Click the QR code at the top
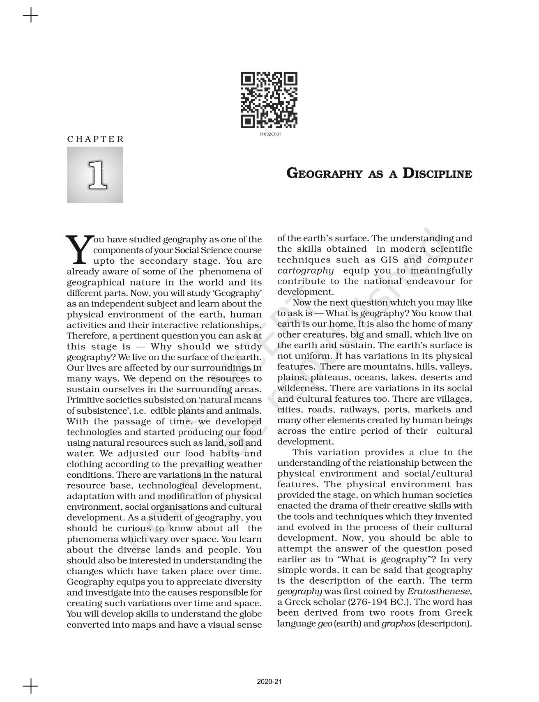point(269,100)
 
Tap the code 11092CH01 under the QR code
point(269,134)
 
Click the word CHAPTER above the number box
point(95,139)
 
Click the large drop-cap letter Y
point(78,249)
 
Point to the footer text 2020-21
point(269,681)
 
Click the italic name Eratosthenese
point(438,592)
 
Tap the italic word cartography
point(305,270)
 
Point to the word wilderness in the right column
point(302,388)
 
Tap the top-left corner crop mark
point(30,16)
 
